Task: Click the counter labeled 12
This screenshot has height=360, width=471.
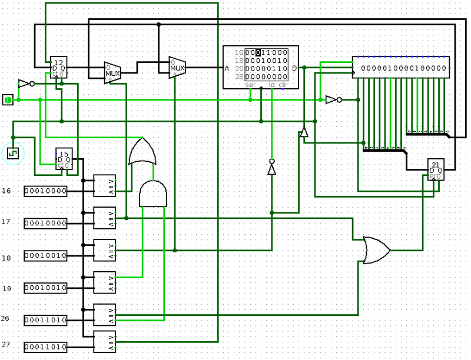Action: [58, 67]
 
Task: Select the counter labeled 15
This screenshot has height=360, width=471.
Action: [64, 158]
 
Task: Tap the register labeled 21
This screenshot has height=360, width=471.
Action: [436, 169]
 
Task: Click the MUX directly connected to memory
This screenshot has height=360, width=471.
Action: [177, 68]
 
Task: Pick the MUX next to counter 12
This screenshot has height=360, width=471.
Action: [112, 73]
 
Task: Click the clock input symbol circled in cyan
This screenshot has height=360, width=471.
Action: [12, 154]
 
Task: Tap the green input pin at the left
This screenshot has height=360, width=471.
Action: [8, 100]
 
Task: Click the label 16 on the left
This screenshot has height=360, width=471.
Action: [6, 191]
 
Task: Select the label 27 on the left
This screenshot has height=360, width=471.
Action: [6, 344]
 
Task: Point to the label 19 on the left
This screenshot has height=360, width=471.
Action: [6, 288]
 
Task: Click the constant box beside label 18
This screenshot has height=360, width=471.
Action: [45, 256]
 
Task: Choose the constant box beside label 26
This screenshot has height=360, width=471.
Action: [45, 320]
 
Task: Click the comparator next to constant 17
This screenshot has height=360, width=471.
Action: [105, 218]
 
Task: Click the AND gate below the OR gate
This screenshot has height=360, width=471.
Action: [153, 194]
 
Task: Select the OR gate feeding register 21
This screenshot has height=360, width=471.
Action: [376, 250]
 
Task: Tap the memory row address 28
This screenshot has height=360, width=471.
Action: [239, 76]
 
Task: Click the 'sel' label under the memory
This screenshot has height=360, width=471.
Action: [250, 85]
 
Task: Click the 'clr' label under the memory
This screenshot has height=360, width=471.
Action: [283, 85]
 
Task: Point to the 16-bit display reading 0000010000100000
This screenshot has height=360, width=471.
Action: [401, 67]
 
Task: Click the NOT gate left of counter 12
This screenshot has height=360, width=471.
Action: [25, 84]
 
